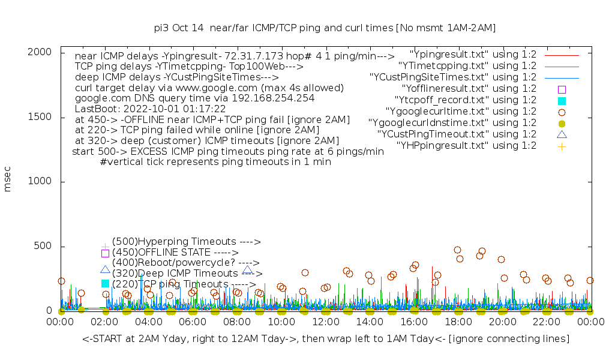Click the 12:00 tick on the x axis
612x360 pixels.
[326, 322]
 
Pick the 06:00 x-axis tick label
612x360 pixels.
[193, 322]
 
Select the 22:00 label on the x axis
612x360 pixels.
[547, 322]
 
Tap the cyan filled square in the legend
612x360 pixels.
[562, 100]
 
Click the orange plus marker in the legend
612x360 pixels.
[562, 146]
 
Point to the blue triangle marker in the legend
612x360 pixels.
[562, 134]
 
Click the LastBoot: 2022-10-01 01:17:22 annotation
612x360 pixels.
[150, 109]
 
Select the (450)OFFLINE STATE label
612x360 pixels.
[175, 253]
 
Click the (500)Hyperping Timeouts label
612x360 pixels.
[186, 242]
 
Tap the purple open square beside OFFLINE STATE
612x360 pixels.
[105, 253]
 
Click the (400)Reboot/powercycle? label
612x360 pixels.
[185, 263]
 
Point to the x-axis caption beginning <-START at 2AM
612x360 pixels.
[326, 339]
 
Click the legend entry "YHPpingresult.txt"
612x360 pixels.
[466, 146]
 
